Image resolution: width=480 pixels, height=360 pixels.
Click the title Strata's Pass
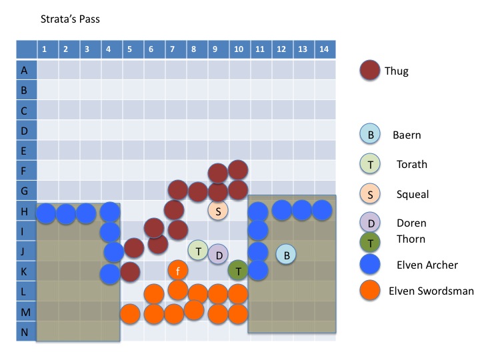(70, 19)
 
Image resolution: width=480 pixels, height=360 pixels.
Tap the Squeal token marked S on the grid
(218, 211)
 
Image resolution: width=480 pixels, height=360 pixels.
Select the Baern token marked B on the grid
(285, 253)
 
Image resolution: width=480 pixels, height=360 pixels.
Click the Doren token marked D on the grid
(218, 253)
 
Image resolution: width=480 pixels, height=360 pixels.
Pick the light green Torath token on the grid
(198, 250)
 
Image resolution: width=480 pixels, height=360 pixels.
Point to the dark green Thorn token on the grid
(238, 270)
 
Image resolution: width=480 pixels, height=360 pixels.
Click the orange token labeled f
(177, 270)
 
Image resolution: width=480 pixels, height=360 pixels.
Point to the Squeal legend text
(413, 194)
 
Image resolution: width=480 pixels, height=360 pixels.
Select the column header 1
(45, 49)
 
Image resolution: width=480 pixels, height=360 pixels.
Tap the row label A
(25, 69)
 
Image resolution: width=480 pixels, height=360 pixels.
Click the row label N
(25, 331)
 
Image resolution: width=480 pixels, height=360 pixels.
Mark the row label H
(25, 211)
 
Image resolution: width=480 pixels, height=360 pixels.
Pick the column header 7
(173, 49)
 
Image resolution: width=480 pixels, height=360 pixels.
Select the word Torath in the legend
(412, 164)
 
